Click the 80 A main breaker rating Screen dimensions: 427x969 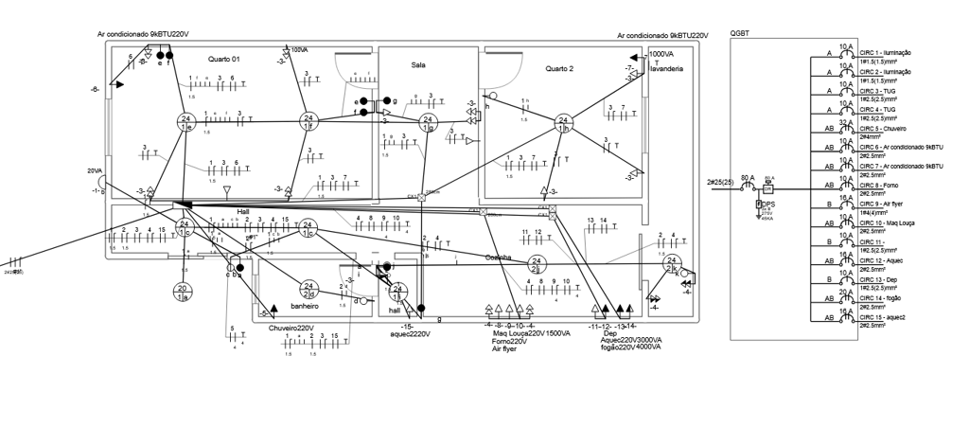point(748,178)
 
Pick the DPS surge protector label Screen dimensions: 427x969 point(768,204)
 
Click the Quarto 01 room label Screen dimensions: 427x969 point(224,59)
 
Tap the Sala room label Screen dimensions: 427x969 point(418,65)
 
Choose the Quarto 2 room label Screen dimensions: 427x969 point(559,68)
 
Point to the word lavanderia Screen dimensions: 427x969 point(666,69)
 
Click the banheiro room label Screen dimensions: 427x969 point(305,306)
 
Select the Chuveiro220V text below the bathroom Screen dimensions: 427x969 point(291,329)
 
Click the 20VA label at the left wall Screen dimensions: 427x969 point(95,171)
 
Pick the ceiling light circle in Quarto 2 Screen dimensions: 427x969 point(563,122)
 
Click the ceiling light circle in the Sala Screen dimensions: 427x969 point(428,121)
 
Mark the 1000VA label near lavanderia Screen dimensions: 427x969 point(661,55)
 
